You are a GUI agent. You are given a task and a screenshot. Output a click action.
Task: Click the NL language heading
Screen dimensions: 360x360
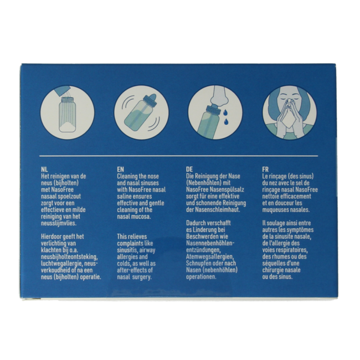click(44, 169)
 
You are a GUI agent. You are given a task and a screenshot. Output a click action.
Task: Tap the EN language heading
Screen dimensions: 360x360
click(120, 169)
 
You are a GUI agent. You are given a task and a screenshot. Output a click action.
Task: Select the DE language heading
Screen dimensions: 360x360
click(189, 169)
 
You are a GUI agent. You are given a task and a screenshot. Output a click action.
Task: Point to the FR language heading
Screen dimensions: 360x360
click(265, 169)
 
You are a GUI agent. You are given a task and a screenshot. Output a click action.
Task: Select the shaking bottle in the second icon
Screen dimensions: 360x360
click(141, 112)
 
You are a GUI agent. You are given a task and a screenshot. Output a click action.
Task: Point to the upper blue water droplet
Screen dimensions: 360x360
click(224, 112)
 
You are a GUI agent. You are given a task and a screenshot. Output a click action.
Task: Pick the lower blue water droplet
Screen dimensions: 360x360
click(227, 121)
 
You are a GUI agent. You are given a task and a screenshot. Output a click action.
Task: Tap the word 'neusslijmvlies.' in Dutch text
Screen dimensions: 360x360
click(58, 223)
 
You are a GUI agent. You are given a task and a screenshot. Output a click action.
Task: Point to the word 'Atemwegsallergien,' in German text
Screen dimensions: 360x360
click(210, 256)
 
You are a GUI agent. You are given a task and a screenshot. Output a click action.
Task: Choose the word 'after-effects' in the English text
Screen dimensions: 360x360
click(131, 270)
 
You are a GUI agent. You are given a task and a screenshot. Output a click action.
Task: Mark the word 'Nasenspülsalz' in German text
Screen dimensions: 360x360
click(227, 190)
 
